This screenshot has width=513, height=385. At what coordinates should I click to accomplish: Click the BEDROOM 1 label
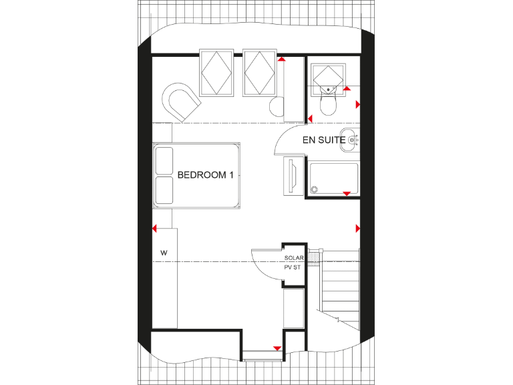(x=205, y=175)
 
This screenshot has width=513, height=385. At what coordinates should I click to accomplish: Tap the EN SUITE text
(x=324, y=140)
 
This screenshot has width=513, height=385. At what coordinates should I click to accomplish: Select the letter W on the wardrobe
(x=163, y=253)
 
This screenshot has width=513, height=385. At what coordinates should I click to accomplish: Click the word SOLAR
(x=294, y=258)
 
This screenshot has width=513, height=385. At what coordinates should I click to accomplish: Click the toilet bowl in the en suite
(x=329, y=104)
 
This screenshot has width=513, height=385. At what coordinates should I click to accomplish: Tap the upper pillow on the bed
(x=164, y=160)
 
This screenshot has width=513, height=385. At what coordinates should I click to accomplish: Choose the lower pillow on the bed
(x=164, y=190)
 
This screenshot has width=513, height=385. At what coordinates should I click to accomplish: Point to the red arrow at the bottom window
(x=277, y=348)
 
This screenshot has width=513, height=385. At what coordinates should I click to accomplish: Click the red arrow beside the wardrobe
(x=155, y=229)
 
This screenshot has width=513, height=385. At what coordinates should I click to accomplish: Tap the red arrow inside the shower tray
(x=346, y=194)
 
